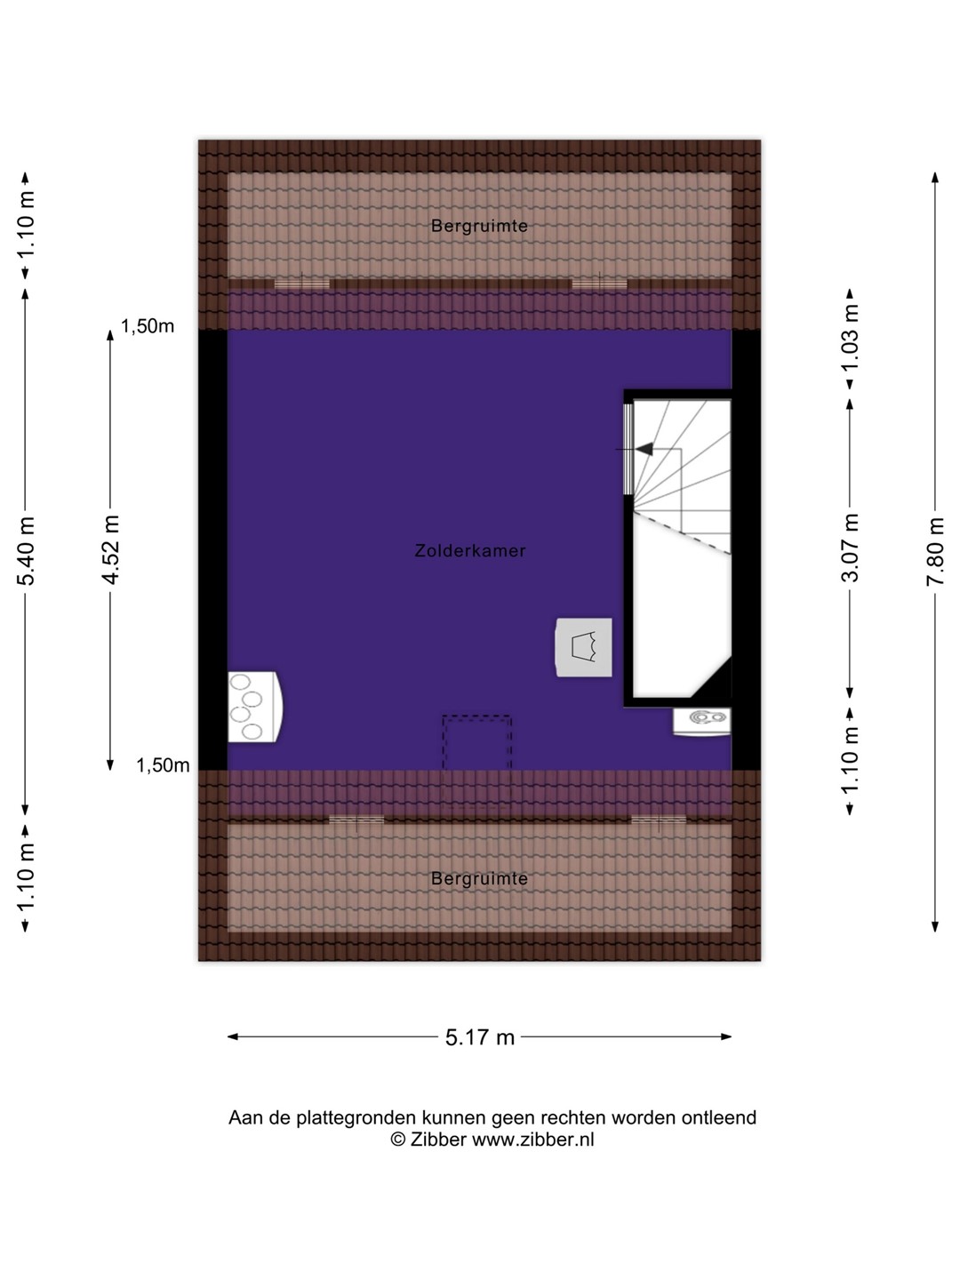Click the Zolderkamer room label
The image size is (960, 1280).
(x=470, y=550)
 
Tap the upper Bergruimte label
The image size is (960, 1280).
(x=479, y=226)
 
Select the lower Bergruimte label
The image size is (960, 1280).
(x=479, y=878)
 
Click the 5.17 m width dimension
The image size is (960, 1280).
(x=480, y=1037)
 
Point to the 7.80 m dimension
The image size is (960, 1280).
(x=935, y=551)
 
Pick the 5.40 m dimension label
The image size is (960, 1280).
(x=27, y=551)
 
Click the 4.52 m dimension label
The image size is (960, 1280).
(x=110, y=549)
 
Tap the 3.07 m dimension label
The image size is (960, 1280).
(x=851, y=548)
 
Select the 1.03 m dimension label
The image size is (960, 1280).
(x=851, y=337)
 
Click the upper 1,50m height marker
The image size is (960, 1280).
(x=148, y=326)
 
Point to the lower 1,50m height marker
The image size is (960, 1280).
(x=163, y=765)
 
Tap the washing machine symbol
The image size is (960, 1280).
(x=583, y=647)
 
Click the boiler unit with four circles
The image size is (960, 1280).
(x=255, y=707)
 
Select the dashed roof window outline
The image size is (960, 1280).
(x=476, y=761)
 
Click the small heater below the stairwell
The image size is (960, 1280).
(x=702, y=722)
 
